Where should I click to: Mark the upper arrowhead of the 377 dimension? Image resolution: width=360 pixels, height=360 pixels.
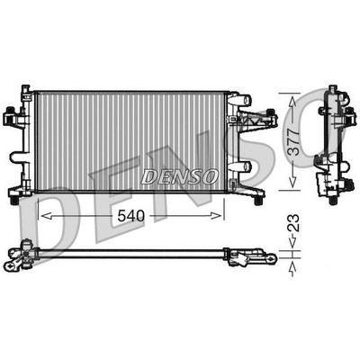pyautogui.click(x=289, y=94)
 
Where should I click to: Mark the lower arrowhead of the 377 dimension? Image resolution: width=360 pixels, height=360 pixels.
pyautogui.click(x=289, y=186)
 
